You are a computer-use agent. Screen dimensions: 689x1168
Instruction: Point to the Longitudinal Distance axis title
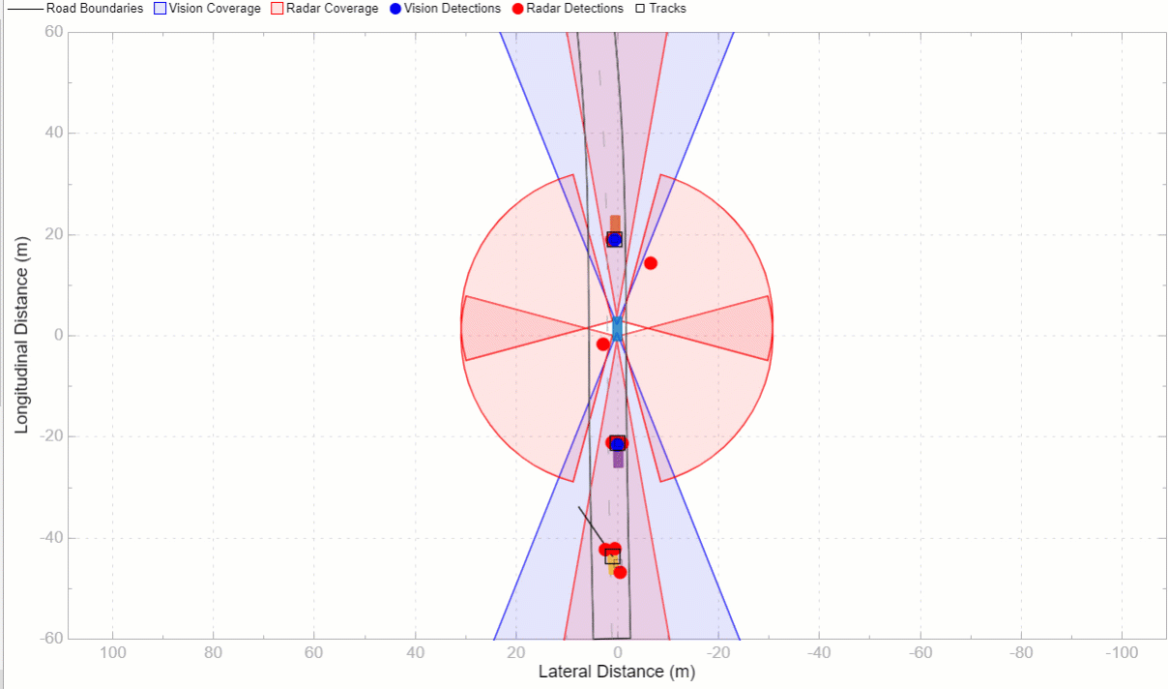point(21,335)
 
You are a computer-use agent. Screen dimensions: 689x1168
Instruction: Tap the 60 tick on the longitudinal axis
point(54,32)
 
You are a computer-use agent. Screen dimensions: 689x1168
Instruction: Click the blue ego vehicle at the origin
point(617,328)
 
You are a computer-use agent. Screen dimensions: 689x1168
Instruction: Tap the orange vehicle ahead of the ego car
point(615,224)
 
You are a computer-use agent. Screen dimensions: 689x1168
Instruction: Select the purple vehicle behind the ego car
point(619,459)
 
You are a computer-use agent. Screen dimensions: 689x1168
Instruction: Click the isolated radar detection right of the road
point(651,263)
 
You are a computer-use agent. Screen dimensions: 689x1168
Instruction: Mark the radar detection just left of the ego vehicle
point(603,344)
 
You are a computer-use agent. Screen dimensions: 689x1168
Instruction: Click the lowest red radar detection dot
point(620,572)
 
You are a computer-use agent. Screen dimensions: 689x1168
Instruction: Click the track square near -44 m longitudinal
point(612,555)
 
